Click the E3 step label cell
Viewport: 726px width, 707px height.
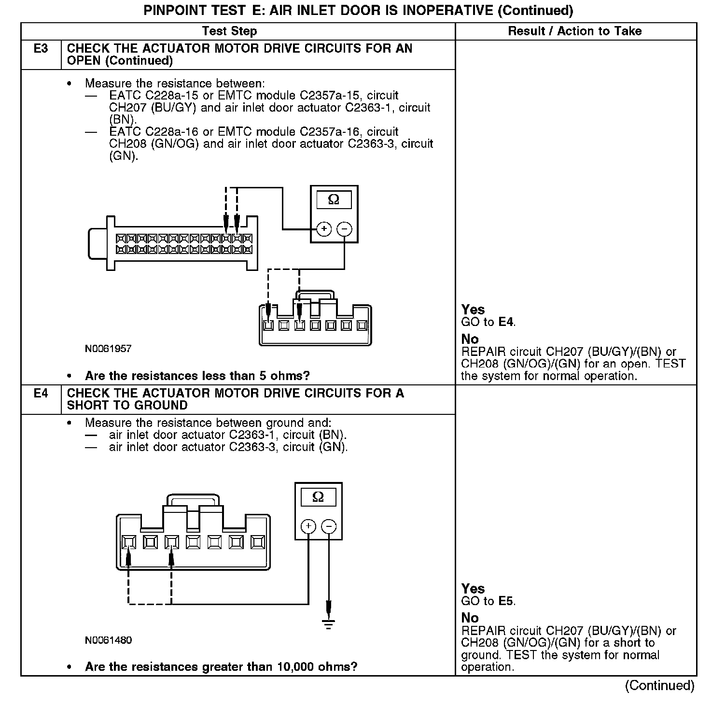(x=41, y=49)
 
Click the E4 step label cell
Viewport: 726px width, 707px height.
(x=41, y=394)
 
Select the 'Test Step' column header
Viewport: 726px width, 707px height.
(x=229, y=31)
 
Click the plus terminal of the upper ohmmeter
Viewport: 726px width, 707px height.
(x=324, y=229)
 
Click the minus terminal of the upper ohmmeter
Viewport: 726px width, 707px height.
(x=344, y=229)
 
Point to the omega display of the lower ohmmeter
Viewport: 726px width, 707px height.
(x=318, y=497)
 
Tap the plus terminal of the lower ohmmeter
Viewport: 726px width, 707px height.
(x=308, y=526)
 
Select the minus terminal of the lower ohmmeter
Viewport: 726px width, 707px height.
(x=329, y=526)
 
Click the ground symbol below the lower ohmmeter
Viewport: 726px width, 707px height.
(x=329, y=624)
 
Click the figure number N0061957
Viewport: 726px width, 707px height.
(x=108, y=349)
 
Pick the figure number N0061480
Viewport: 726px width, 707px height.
(x=108, y=640)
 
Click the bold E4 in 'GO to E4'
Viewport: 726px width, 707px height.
(x=506, y=322)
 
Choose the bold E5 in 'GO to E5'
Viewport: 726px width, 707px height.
(x=506, y=601)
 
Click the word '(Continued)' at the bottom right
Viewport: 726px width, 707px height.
(x=659, y=686)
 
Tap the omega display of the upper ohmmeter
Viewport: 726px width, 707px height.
(x=334, y=199)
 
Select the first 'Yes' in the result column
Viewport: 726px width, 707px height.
(x=473, y=310)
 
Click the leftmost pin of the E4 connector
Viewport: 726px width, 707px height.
(x=128, y=543)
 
